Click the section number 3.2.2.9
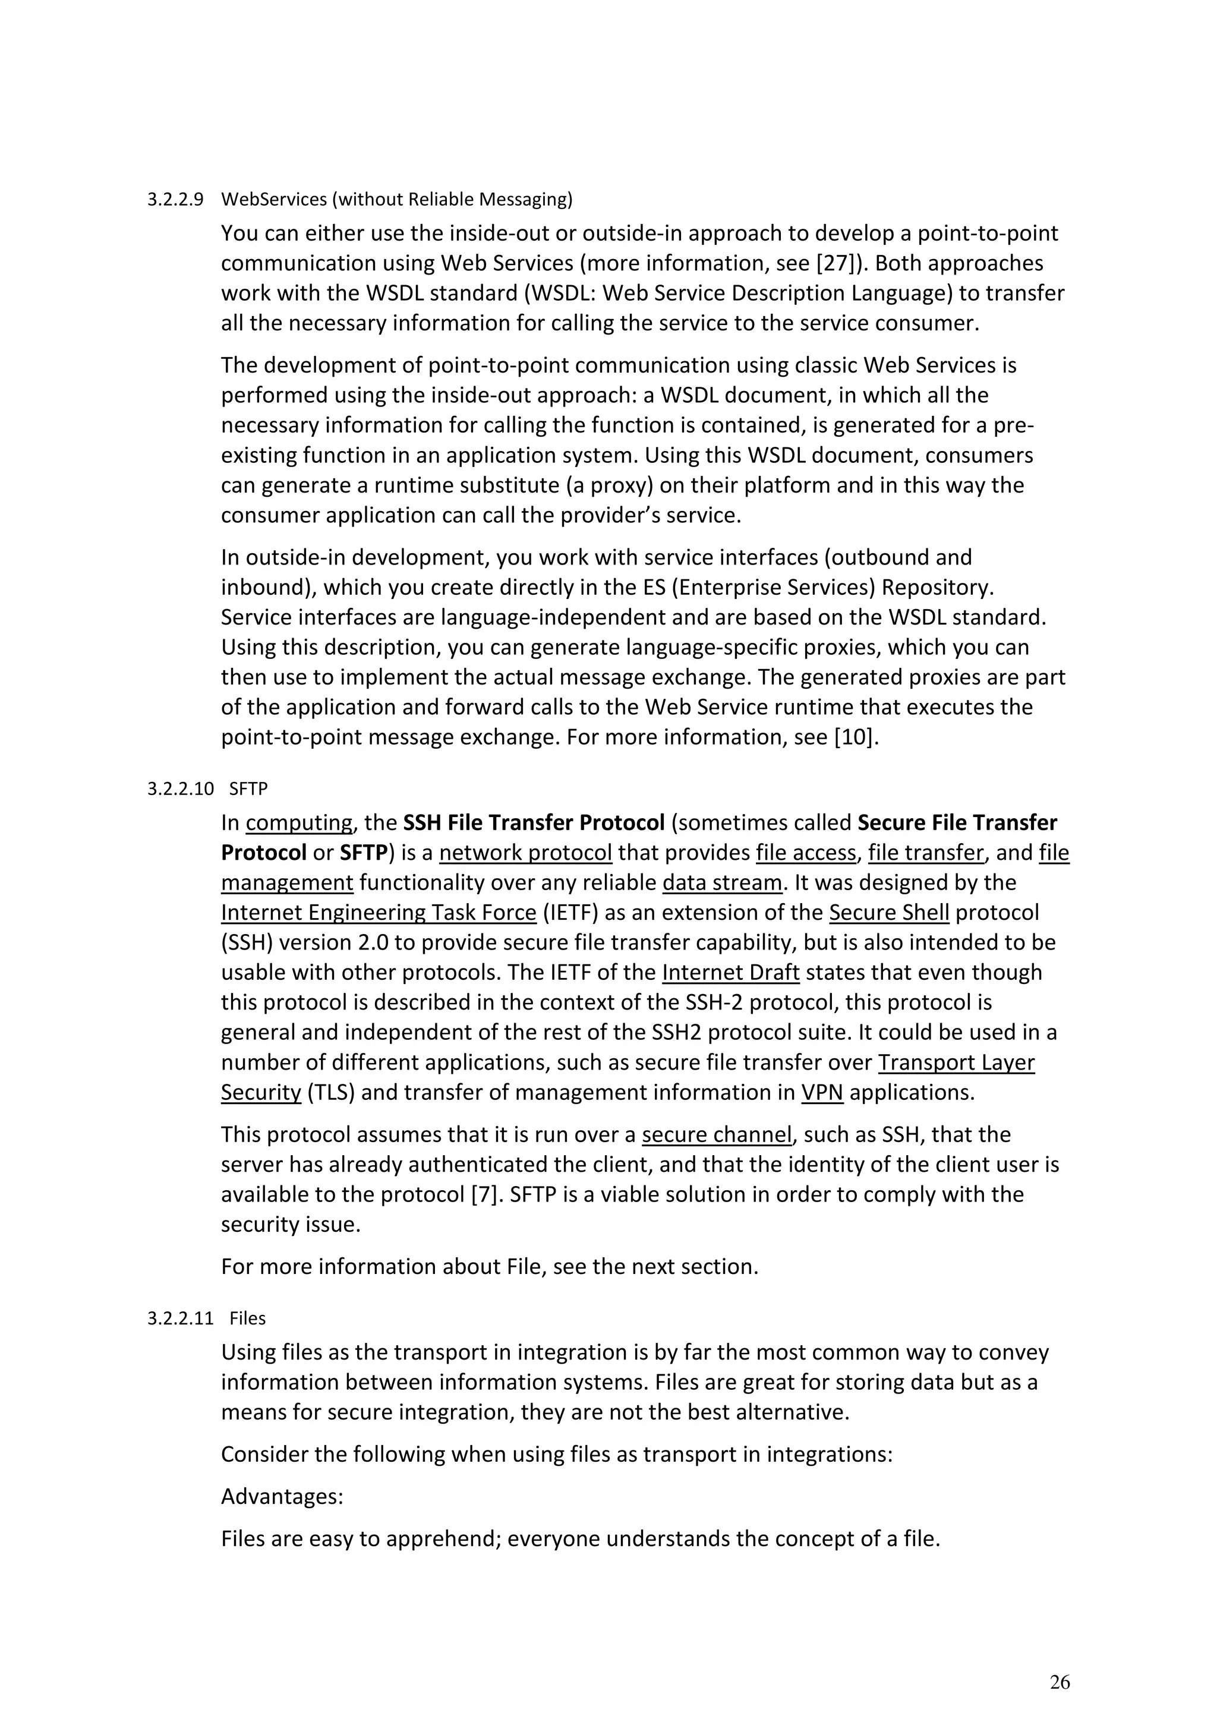175,200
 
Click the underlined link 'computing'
298,823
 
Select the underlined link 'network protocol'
526,853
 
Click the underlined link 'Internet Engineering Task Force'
379,913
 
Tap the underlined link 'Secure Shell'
890,913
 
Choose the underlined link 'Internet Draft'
731,973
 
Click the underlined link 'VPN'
822,1093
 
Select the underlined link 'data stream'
722,883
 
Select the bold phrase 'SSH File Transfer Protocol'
534,823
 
